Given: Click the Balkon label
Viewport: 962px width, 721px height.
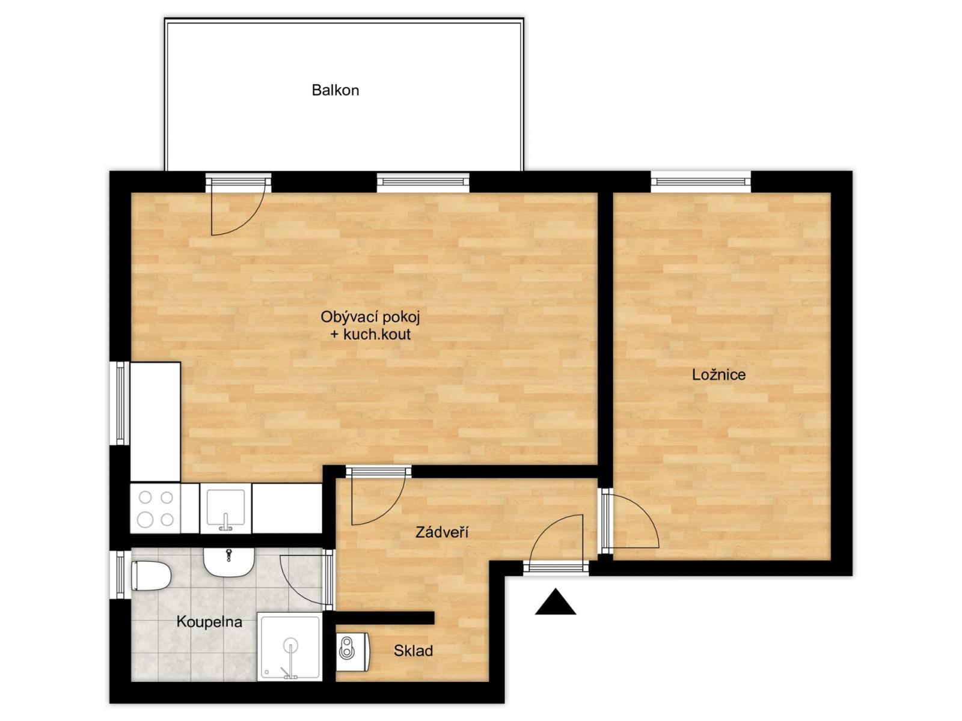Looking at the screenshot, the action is (x=335, y=90).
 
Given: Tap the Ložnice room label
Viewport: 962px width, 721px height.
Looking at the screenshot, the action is (x=718, y=375).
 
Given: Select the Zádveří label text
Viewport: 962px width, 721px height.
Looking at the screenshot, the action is (x=442, y=532).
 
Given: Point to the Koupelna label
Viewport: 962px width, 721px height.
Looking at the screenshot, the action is (x=209, y=622).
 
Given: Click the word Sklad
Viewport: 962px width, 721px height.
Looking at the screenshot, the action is (x=413, y=651).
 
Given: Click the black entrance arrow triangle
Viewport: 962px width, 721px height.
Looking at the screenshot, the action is (x=556, y=602).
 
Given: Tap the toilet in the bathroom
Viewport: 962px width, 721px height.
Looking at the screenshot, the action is (x=151, y=576).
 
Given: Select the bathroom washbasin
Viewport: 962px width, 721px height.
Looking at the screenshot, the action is (x=228, y=562).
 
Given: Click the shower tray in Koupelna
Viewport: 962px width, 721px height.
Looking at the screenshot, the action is (x=290, y=646).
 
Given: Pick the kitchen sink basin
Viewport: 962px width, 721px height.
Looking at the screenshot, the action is (x=225, y=509).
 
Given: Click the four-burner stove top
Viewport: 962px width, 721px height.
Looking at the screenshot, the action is (x=156, y=508).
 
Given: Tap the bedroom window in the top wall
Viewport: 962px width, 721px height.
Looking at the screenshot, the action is (x=701, y=181).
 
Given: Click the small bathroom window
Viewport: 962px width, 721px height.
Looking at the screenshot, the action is (x=120, y=574).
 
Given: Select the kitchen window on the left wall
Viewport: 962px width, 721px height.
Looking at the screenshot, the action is (x=120, y=403).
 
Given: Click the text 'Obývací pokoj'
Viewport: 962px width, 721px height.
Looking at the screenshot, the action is (x=370, y=317).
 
